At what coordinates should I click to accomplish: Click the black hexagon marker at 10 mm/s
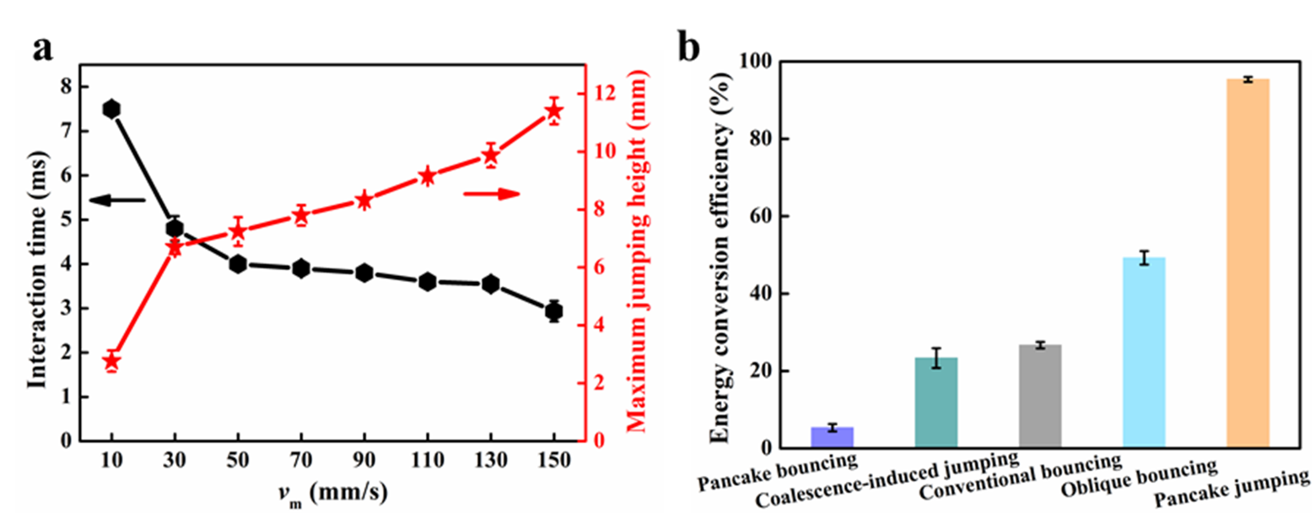click(111, 109)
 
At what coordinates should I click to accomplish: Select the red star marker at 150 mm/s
click(554, 111)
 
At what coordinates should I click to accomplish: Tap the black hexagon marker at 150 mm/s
click(554, 311)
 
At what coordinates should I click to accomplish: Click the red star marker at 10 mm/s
click(111, 361)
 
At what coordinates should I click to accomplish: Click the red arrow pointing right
click(492, 194)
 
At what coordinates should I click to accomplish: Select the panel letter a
click(44, 49)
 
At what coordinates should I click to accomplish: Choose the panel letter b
click(689, 49)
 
